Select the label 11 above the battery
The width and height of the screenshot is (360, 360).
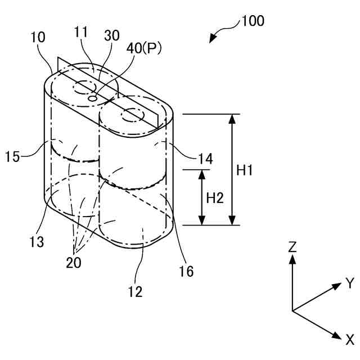81,32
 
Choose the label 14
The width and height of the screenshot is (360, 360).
205,159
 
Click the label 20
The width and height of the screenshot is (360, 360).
73,263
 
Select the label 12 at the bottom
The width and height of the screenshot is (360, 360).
135,291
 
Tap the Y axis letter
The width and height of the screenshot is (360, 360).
349,283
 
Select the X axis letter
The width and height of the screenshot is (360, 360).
349,339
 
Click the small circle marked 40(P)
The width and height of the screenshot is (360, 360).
94,98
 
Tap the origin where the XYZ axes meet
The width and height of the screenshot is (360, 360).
292,310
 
